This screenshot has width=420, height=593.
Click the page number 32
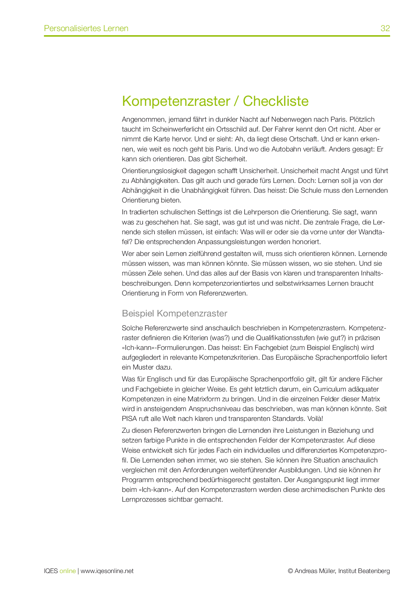coord(385,28)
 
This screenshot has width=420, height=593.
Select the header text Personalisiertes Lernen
coord(86,28)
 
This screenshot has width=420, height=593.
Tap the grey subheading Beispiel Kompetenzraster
coord(174,313)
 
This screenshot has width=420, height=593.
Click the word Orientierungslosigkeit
coord(156,171)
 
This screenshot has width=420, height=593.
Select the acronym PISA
coord(129,419)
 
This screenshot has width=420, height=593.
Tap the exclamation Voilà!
coord(315,419)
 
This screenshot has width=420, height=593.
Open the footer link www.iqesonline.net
coord(107,571)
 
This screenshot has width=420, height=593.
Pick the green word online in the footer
coord(68,571)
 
